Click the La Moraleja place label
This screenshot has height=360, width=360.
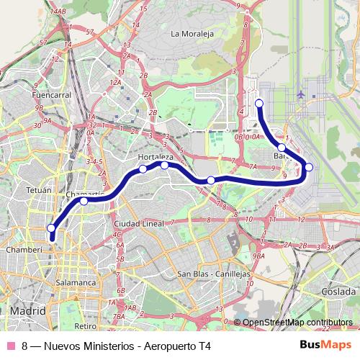click(x=194, y=33)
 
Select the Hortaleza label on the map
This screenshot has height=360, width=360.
click(x=155, y=156)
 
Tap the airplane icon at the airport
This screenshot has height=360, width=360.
click(x=301, y=94)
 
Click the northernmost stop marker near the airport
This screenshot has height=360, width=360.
click(x=259, y=104)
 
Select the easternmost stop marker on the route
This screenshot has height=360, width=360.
click(x=309, y=168)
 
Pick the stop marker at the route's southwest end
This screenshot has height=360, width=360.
click(x=51, y=228)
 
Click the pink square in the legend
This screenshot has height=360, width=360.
click(x=10, y=346)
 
